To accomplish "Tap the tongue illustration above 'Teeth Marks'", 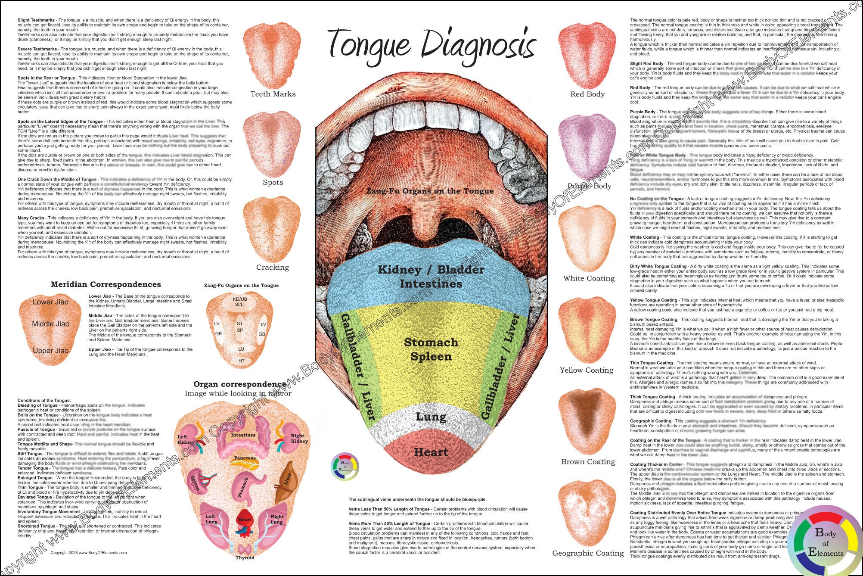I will tap(273, 54).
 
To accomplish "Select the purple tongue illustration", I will tap(587, 149).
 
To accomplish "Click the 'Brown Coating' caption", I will tap(588, 462).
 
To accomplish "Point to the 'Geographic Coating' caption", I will tap(588, 553).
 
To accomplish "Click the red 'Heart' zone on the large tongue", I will tap(431, 452).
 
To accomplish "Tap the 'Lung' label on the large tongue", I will tap(431, 417).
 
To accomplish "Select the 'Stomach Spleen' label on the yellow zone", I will tap(431, 349).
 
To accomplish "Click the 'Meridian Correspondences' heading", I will tap(106, 284).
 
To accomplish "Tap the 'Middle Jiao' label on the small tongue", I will tap(50, 324).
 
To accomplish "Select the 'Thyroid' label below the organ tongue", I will tap(245, 558).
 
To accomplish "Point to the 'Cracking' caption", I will tap(273, 268).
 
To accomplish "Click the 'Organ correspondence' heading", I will tap(240, 384).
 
